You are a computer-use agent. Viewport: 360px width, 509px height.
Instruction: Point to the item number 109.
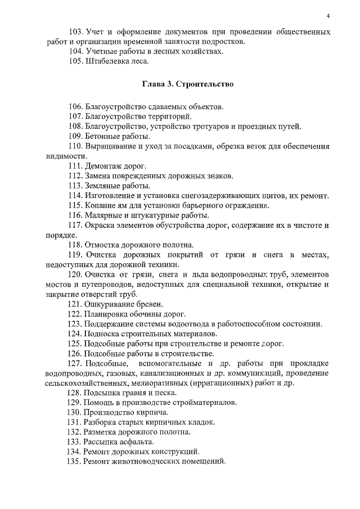[75, 136]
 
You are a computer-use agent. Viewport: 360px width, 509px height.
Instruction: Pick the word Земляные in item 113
[102, 186]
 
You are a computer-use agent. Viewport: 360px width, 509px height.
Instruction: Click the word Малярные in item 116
[102, 215]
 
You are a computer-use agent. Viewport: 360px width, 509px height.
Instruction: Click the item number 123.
[75, 323]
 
